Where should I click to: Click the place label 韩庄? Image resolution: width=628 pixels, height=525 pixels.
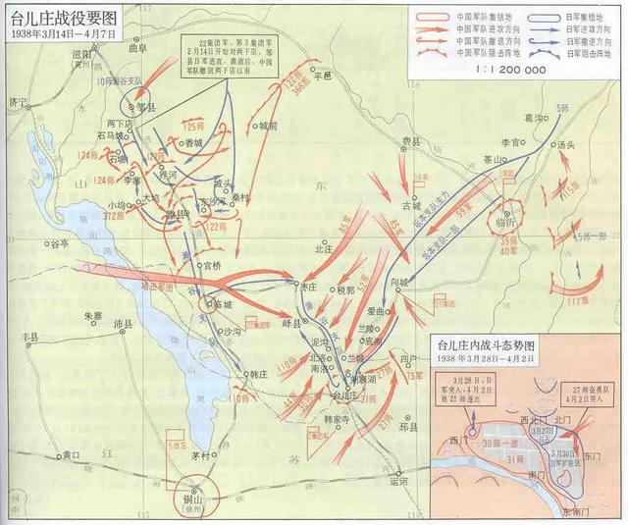pos(258,373)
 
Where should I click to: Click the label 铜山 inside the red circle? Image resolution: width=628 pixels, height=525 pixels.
pos(197,498)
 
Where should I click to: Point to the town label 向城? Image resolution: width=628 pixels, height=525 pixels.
pos(397,283)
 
